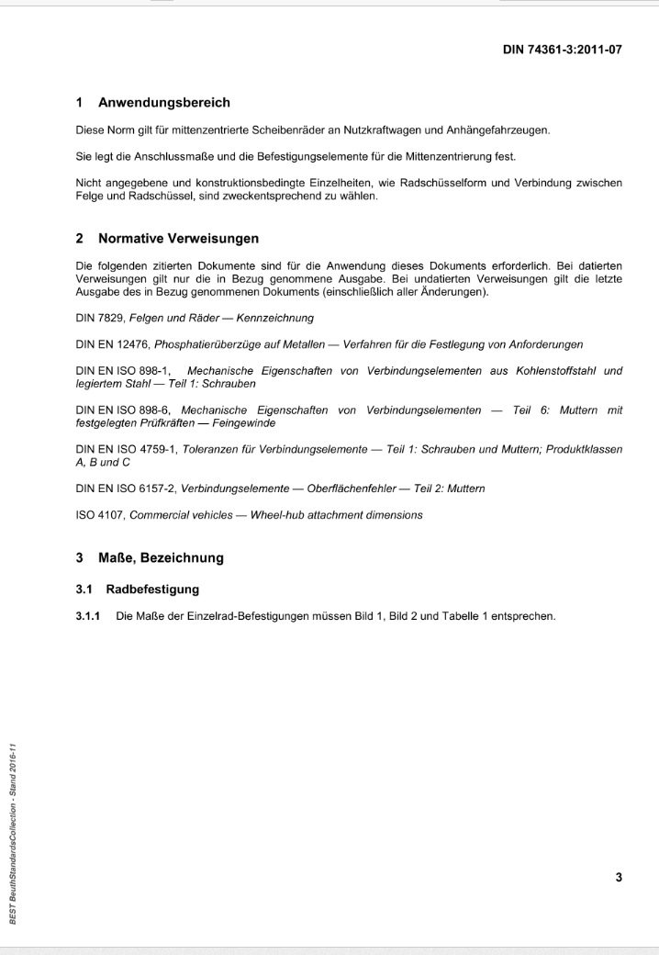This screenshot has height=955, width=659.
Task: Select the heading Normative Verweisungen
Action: pos(176,239)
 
